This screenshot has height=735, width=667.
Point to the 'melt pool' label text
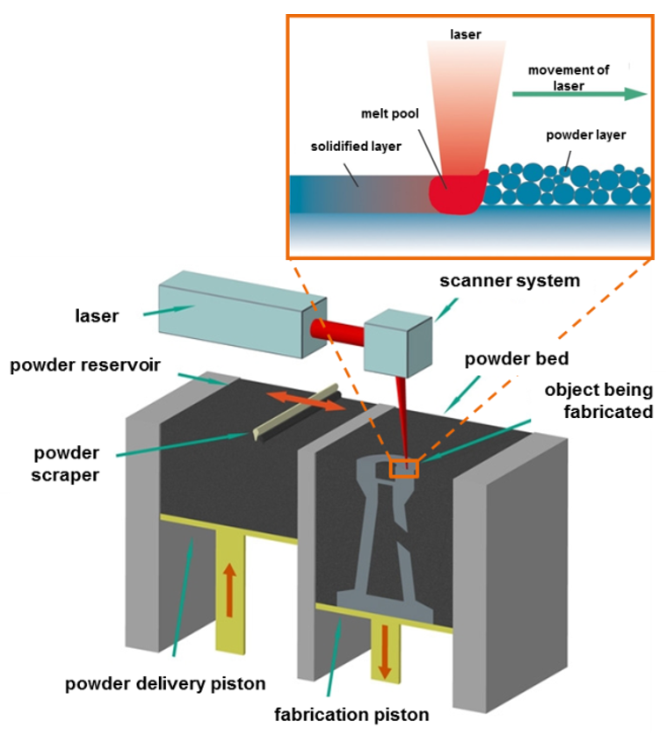[x=390, y=114]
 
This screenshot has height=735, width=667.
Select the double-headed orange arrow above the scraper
[x=306, y=403]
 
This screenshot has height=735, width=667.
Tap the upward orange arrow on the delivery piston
[x=229, y=590]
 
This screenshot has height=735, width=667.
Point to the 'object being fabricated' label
[x=598, y=400]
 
